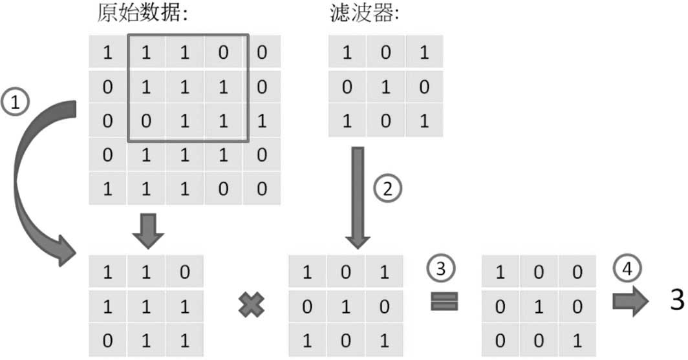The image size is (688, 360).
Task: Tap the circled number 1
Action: coord(16,103)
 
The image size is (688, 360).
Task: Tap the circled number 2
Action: coord(387,189)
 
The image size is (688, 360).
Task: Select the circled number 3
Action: coord(440,268)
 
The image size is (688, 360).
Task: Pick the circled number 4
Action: coord(627,268)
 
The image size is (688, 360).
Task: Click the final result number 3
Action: coord(677,301)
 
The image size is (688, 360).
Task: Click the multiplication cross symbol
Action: coord(252,305)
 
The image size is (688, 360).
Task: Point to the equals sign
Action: coord(444,302)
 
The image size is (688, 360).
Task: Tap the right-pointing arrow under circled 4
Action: coord(630,301)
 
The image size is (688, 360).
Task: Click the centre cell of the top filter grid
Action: coord(385,87)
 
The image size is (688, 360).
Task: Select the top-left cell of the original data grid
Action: coord(107,52)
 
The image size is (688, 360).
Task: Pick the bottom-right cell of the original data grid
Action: coord(262,189)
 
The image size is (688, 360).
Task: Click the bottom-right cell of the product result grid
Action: coord(577,341)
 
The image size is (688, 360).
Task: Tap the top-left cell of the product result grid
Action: coord(500,273)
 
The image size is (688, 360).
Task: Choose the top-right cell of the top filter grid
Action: coord(424,52)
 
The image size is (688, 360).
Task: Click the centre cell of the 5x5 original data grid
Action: coord(185,121)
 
